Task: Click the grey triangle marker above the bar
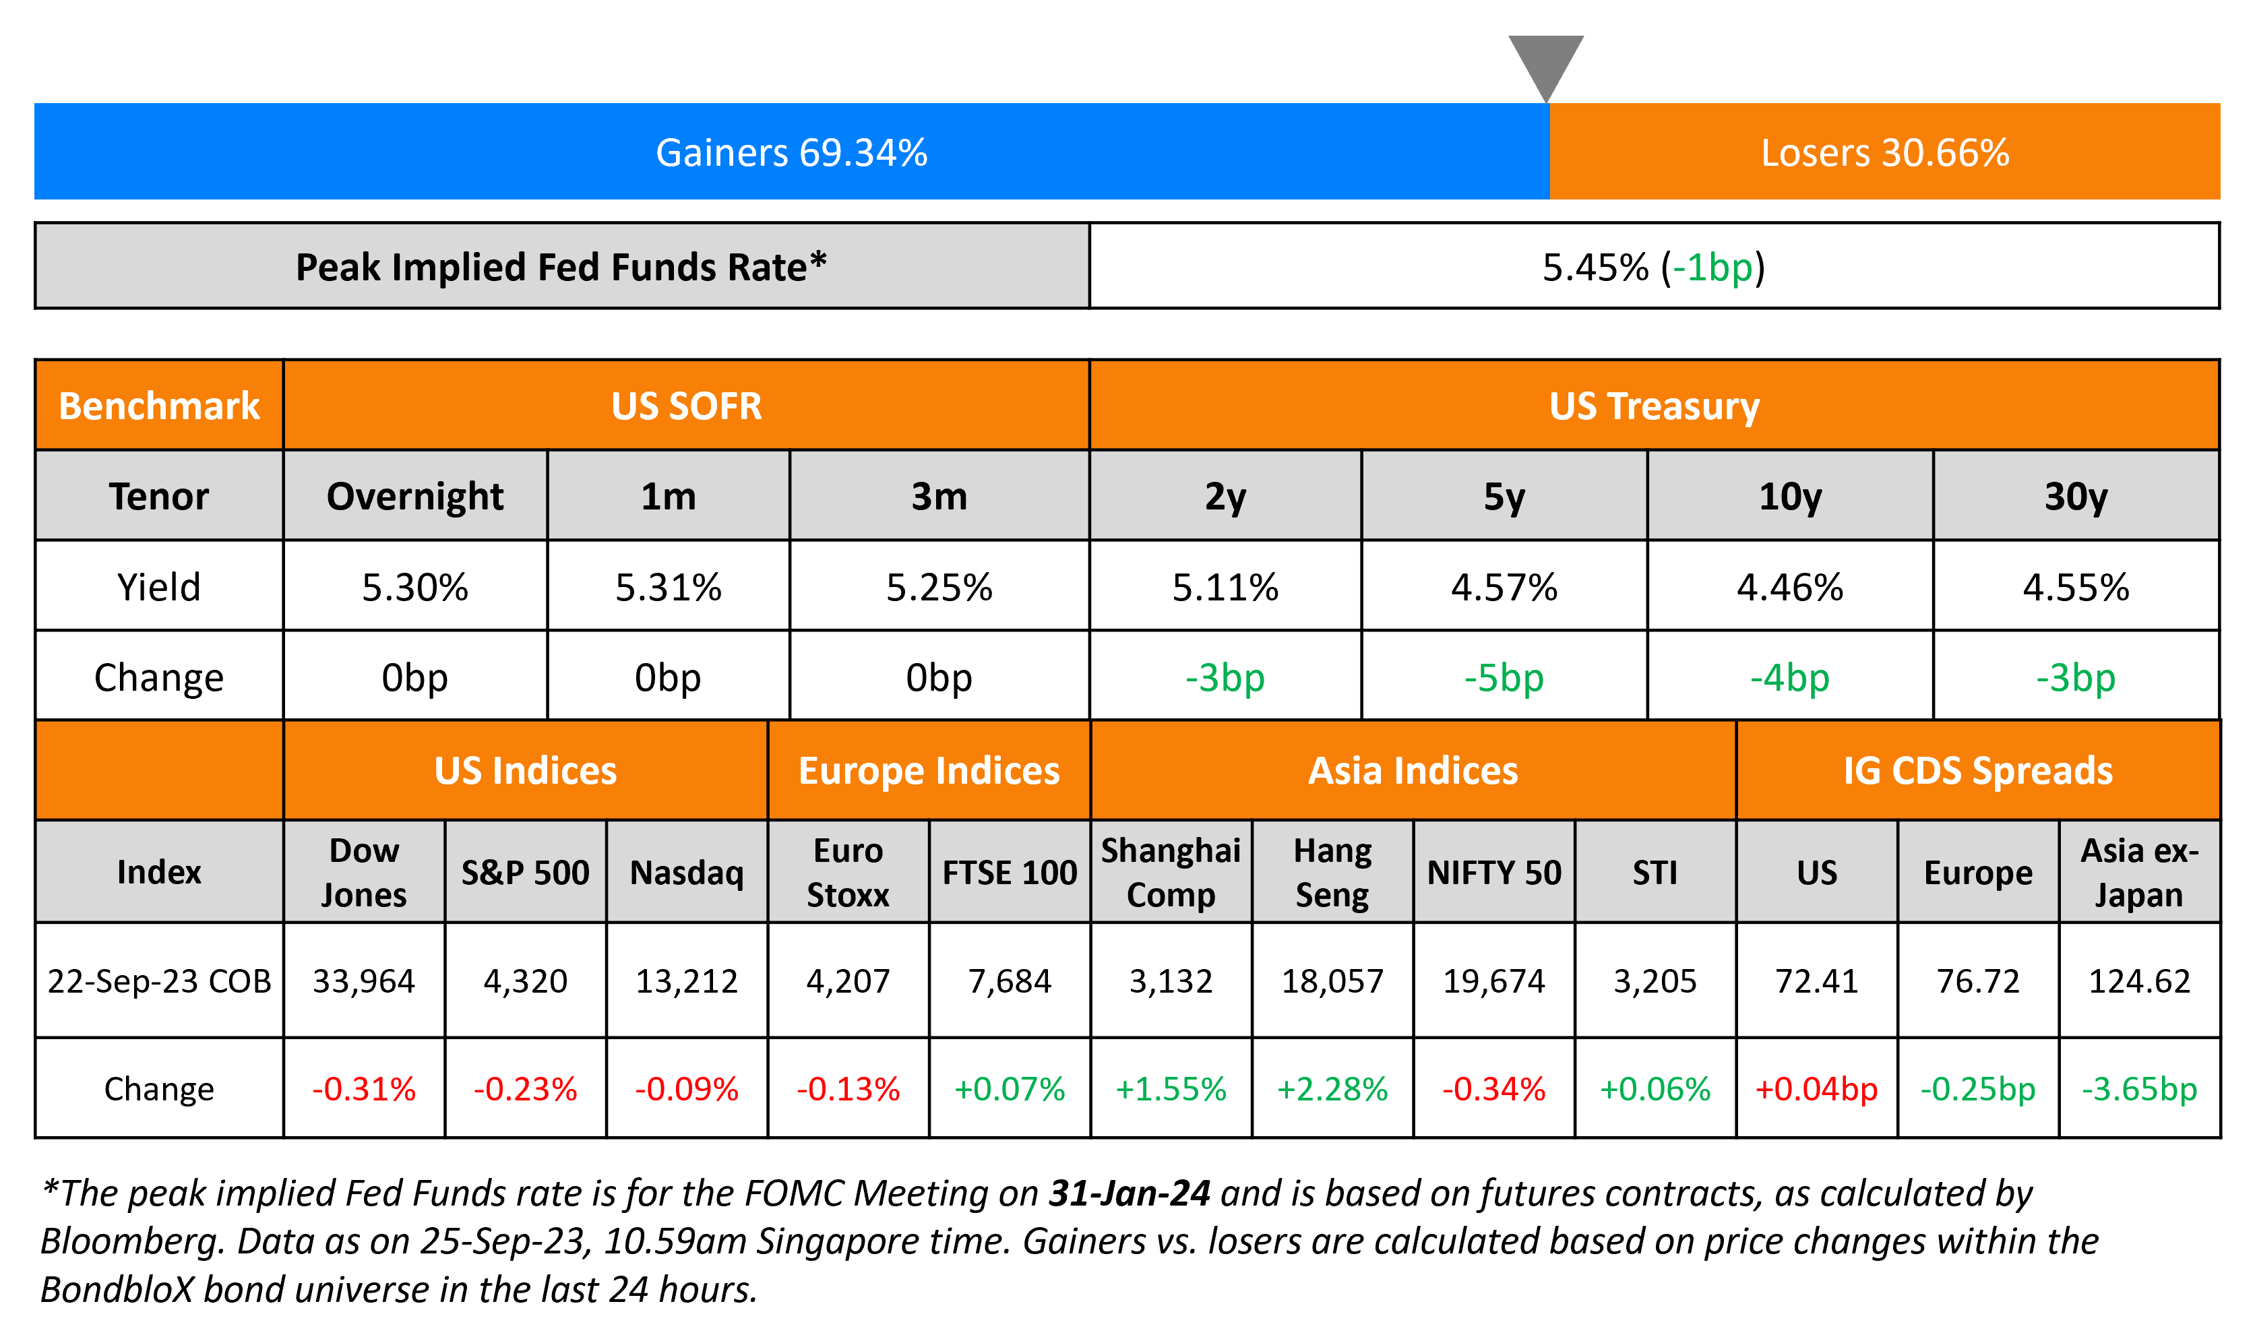(1546, 63)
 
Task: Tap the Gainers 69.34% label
(791, 152)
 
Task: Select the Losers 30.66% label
(1885, 152)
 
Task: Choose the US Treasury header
(1654, 406)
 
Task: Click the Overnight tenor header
(414, 497)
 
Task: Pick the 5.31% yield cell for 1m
(668, 588)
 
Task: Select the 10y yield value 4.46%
(1789, 588)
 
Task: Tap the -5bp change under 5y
(1504, 677)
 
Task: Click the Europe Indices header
(929, 771)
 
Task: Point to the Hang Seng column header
(1332, 872)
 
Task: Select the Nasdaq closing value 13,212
(687, 981)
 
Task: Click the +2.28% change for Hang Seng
(1332, 1089)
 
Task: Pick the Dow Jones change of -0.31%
(364, 1089)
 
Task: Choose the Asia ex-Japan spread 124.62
(2139, 981)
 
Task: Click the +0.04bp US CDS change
(1816, 1089)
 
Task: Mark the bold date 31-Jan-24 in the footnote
(1129, 1193)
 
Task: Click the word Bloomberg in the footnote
(128, 1241)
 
